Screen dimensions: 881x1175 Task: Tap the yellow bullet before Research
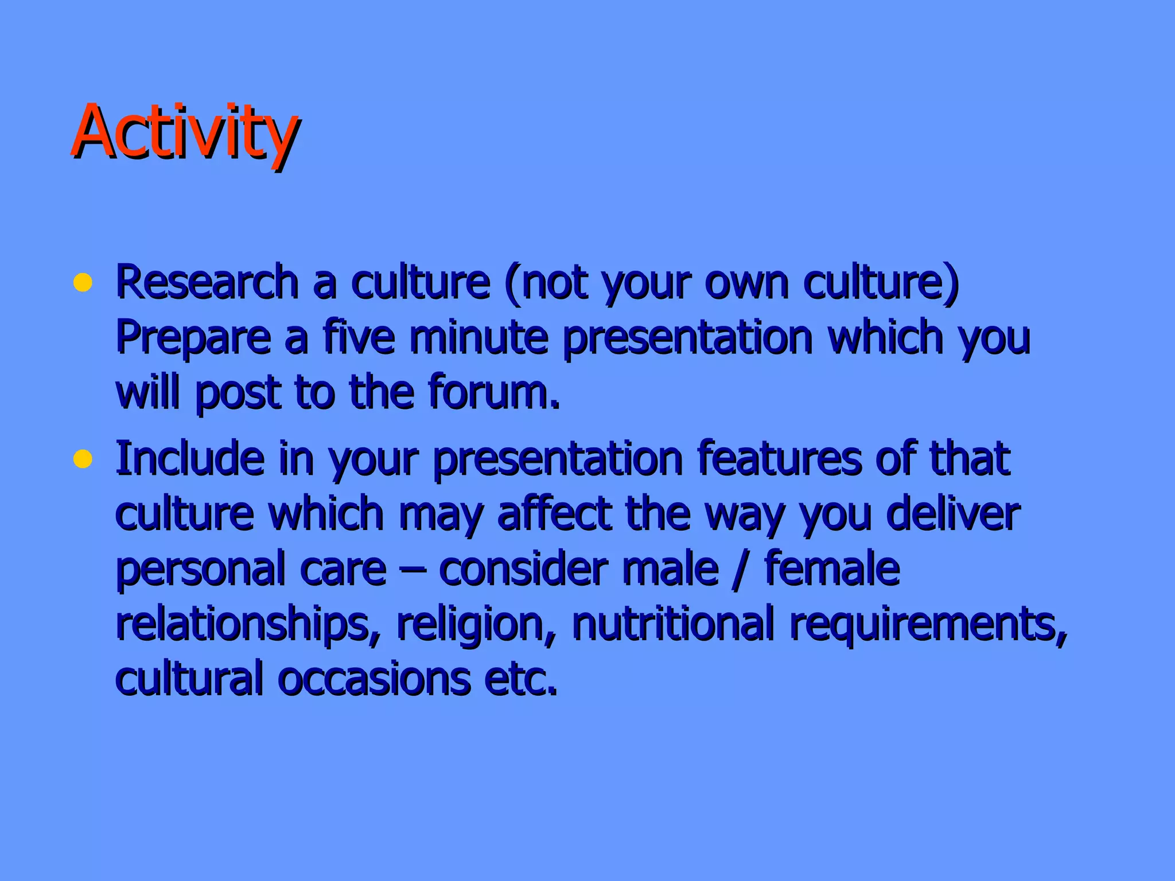pyautogui.click(x=83, y=283)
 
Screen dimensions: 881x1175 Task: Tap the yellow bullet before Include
pyautogui.click(x=83, y=459)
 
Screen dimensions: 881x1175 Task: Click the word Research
pyautogui.click(x=207, y=282)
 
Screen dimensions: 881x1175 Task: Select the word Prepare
pyautogui.click(x=193, y=338)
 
